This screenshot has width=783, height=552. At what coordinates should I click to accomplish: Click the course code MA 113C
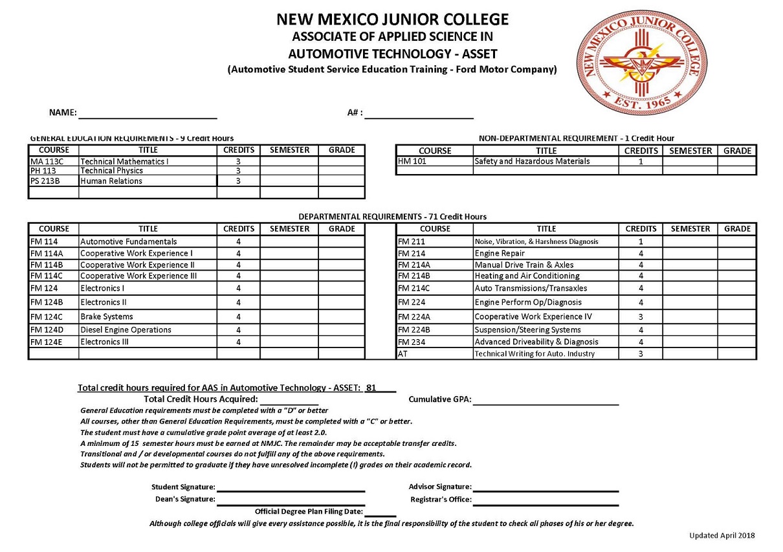point(45,161)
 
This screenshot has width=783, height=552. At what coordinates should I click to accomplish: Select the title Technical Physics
point(111,171)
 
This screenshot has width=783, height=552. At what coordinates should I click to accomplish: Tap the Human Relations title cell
point(111,181)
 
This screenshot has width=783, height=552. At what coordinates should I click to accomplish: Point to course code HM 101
point(412,161)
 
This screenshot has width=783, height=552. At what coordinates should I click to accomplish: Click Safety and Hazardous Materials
point(532,161)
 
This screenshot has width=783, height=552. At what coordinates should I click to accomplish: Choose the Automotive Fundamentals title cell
point(128,241)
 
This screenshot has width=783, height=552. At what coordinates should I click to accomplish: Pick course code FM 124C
point(46,317)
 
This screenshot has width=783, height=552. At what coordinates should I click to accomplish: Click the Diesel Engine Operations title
point(126,329)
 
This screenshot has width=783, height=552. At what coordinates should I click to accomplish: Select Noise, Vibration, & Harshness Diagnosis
point(536,241)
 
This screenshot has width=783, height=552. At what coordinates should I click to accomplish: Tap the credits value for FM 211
point(641,241)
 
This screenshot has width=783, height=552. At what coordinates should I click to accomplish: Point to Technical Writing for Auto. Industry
point(535,354)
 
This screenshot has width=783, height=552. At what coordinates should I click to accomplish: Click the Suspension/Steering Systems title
point(527,329)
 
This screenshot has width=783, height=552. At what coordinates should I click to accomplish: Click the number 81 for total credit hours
point(371,388)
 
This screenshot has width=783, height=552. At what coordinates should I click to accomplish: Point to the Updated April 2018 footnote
point(722,535)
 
